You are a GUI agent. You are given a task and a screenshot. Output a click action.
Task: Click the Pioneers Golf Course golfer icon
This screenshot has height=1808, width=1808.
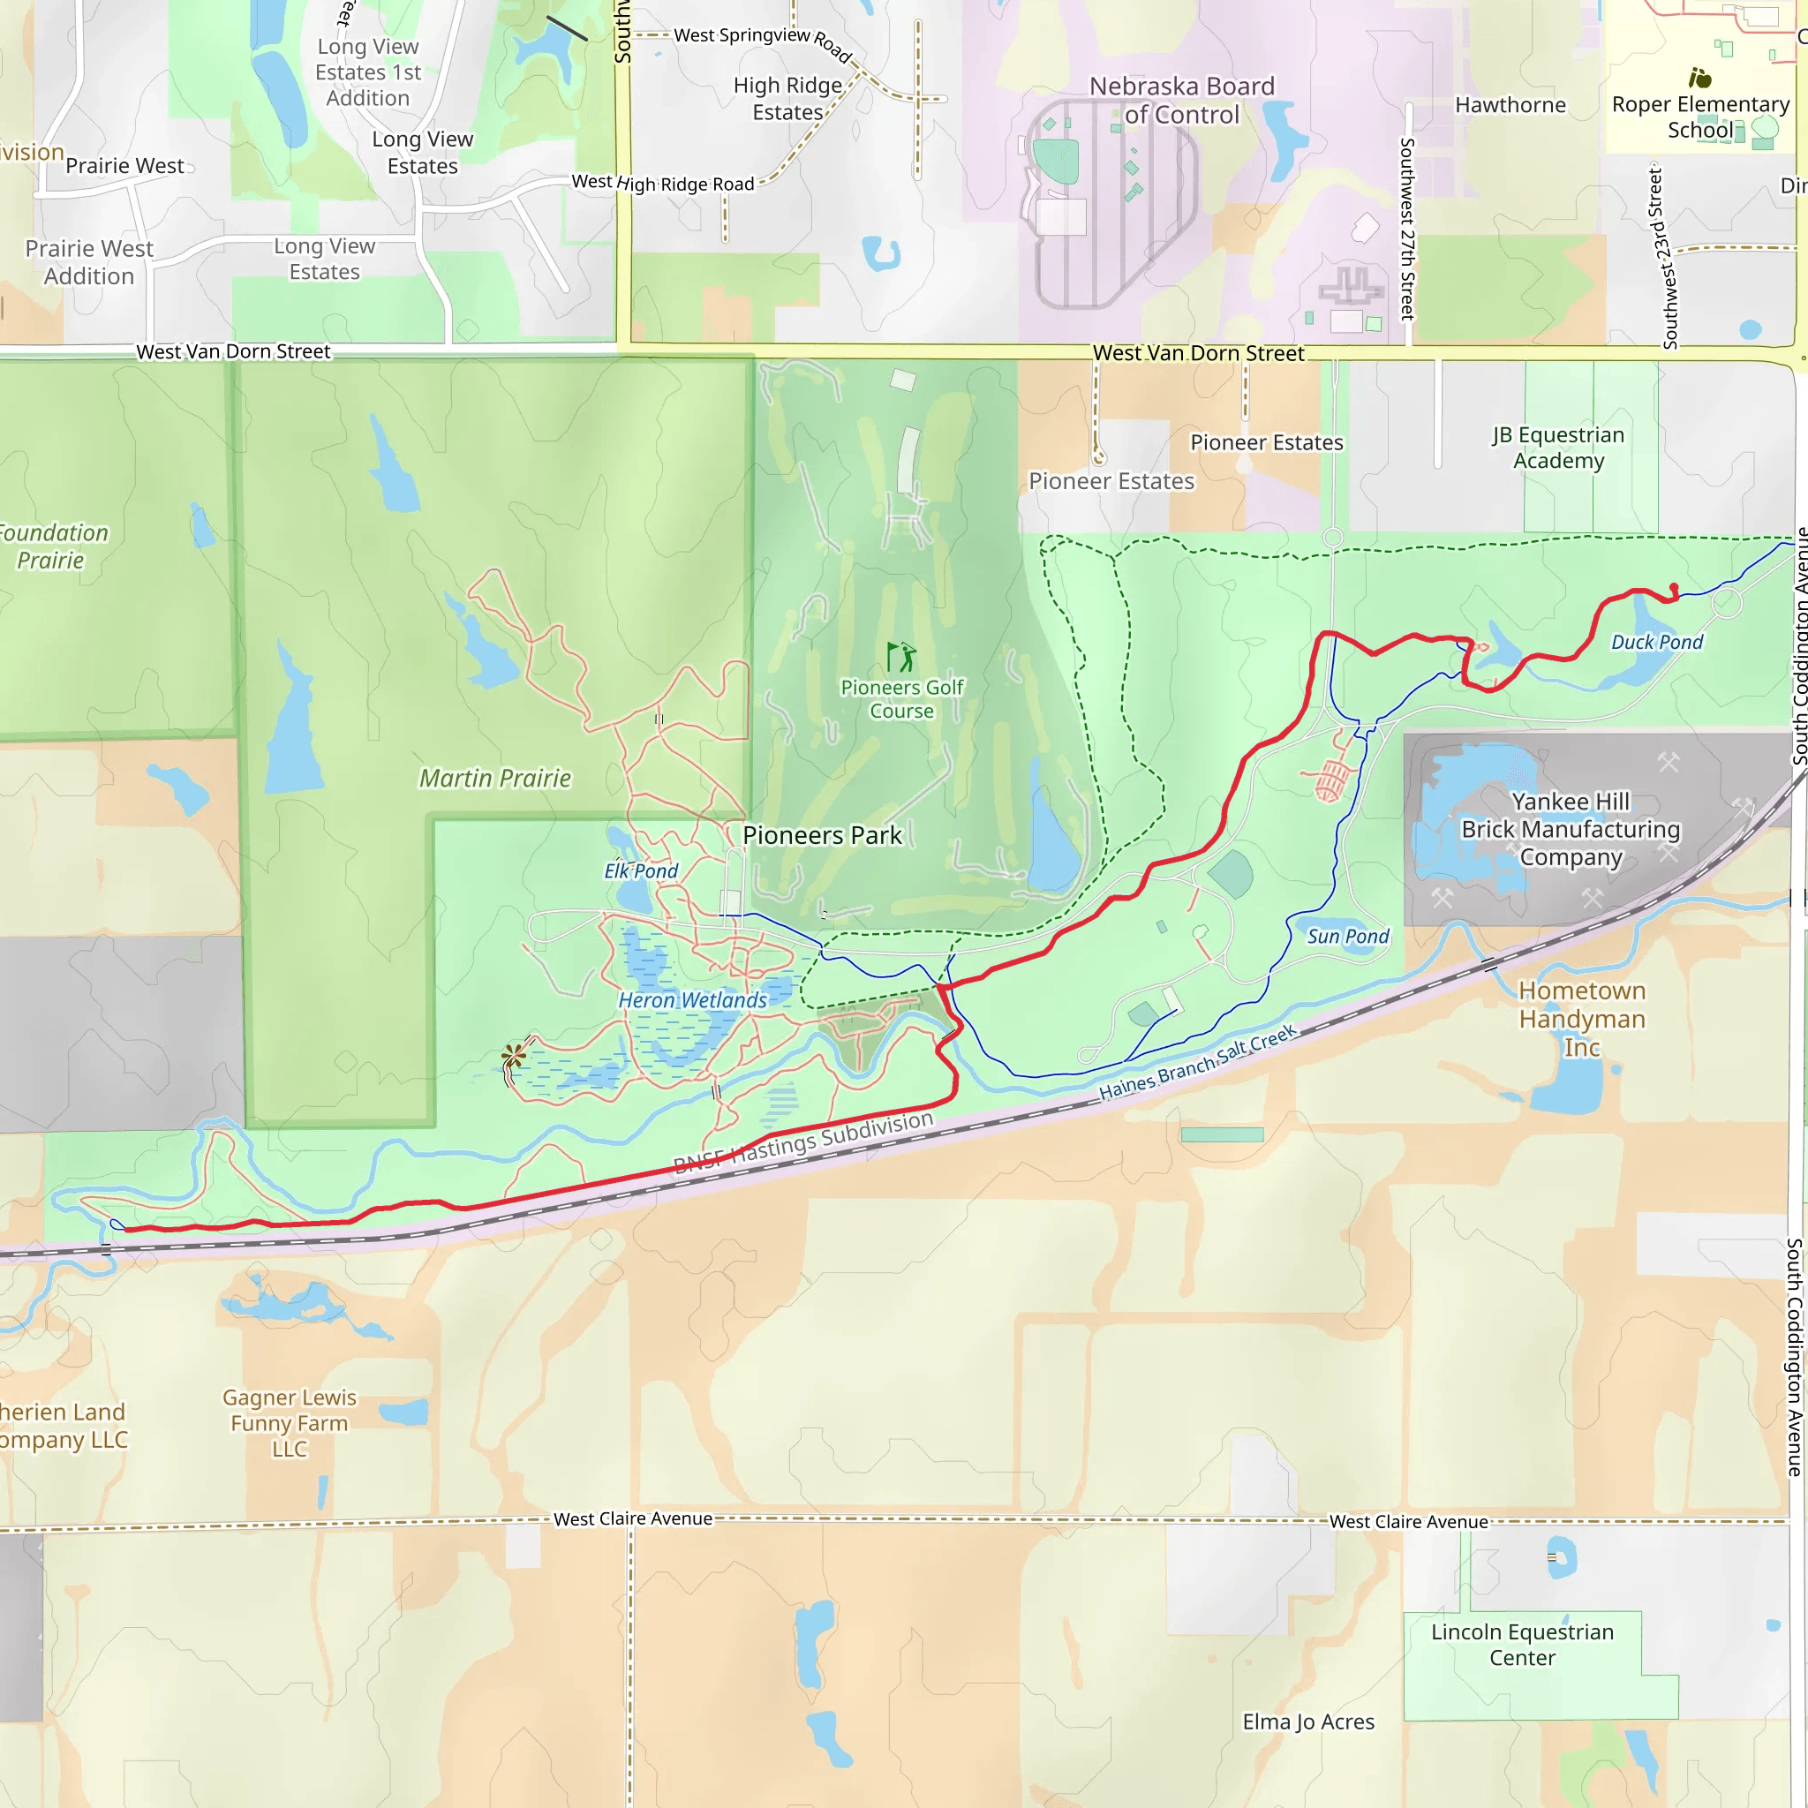coord(901,657)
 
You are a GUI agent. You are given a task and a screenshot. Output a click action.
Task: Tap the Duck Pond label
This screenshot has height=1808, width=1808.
coord(1656,642)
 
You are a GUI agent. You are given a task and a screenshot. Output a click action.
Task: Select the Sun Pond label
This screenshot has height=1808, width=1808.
coord(1347,936)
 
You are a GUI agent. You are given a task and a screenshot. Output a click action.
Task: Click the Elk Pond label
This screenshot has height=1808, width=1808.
coord(641,870)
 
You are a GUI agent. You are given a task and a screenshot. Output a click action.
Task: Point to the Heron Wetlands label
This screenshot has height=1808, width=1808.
coord(692,999)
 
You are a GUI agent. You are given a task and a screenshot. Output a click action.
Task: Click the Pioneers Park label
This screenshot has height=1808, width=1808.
coord(822,835)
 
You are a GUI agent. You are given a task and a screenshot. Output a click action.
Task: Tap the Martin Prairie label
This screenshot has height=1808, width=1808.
coord(494,778)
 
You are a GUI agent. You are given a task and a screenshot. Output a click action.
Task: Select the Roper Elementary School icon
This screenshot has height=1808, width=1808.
coord(1699,78)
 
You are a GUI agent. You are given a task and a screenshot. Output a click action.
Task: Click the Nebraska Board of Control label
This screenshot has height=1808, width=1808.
coord(1181,100)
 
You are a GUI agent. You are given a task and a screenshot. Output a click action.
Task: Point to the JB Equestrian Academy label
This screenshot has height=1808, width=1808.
coord(1558,448)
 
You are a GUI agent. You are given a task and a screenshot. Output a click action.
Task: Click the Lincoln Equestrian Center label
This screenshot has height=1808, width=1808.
coord(1522,1644)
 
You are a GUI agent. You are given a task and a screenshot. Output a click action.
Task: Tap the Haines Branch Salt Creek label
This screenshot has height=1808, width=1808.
coord(1197,1062)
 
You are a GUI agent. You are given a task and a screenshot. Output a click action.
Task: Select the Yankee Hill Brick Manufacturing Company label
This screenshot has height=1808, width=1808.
coord(1571,829)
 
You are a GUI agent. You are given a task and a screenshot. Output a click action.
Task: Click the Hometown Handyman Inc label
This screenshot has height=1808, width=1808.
coord(1581,1018)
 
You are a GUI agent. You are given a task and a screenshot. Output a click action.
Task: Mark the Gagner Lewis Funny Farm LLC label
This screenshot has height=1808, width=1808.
coord(290,1422)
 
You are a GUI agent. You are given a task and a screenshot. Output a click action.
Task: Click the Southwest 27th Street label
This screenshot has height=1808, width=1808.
coord(1406,230)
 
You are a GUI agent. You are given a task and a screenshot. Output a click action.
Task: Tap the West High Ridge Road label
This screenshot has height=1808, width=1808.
coord(663,184)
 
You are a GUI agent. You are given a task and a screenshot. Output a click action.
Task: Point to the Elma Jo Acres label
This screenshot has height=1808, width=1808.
coord(1308,1721)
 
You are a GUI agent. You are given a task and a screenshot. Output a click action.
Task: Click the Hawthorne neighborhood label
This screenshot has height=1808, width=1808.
coord(1510,105)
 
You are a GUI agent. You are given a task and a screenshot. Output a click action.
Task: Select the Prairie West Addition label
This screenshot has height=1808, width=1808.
coord(89,262)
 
